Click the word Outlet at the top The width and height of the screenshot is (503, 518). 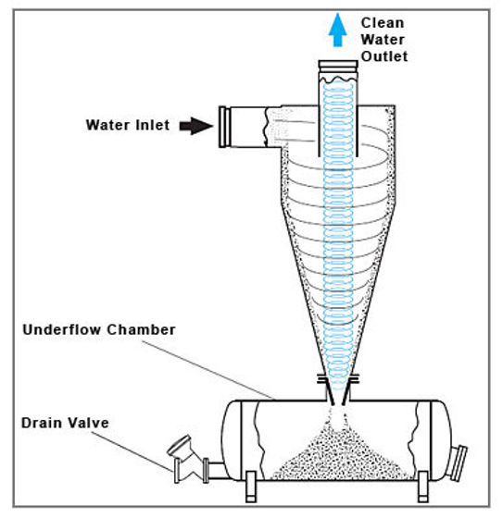click(x=384, y=56)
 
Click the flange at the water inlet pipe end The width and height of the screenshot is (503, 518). click(x=224, y=127)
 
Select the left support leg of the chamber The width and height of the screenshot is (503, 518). click(x=250, y=485)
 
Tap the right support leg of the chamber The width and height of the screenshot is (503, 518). click(x=423, y=485)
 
